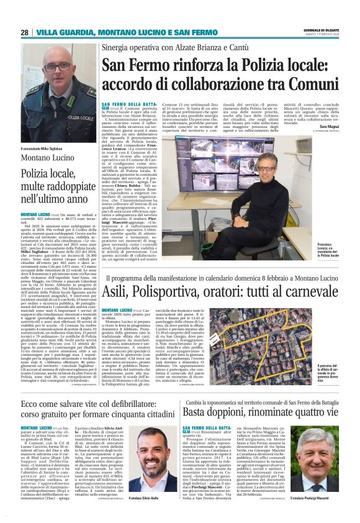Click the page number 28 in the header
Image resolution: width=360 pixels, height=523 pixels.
(24, 32)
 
